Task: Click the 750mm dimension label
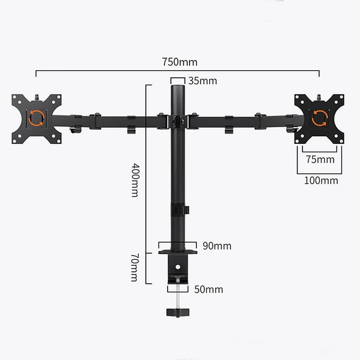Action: tap(179, 62)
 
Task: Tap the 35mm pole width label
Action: tap(203, 81)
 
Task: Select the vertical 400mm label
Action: tap(135, 180)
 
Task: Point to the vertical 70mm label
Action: tap(134, 268)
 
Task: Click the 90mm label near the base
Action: tap(217, 246)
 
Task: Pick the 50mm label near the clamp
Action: tap(209, 289)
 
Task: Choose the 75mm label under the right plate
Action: tap(320, 160)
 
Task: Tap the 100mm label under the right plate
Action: tap(321, 181)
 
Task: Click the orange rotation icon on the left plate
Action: tap(37, 118)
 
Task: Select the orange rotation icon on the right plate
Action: tap(319, 118)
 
